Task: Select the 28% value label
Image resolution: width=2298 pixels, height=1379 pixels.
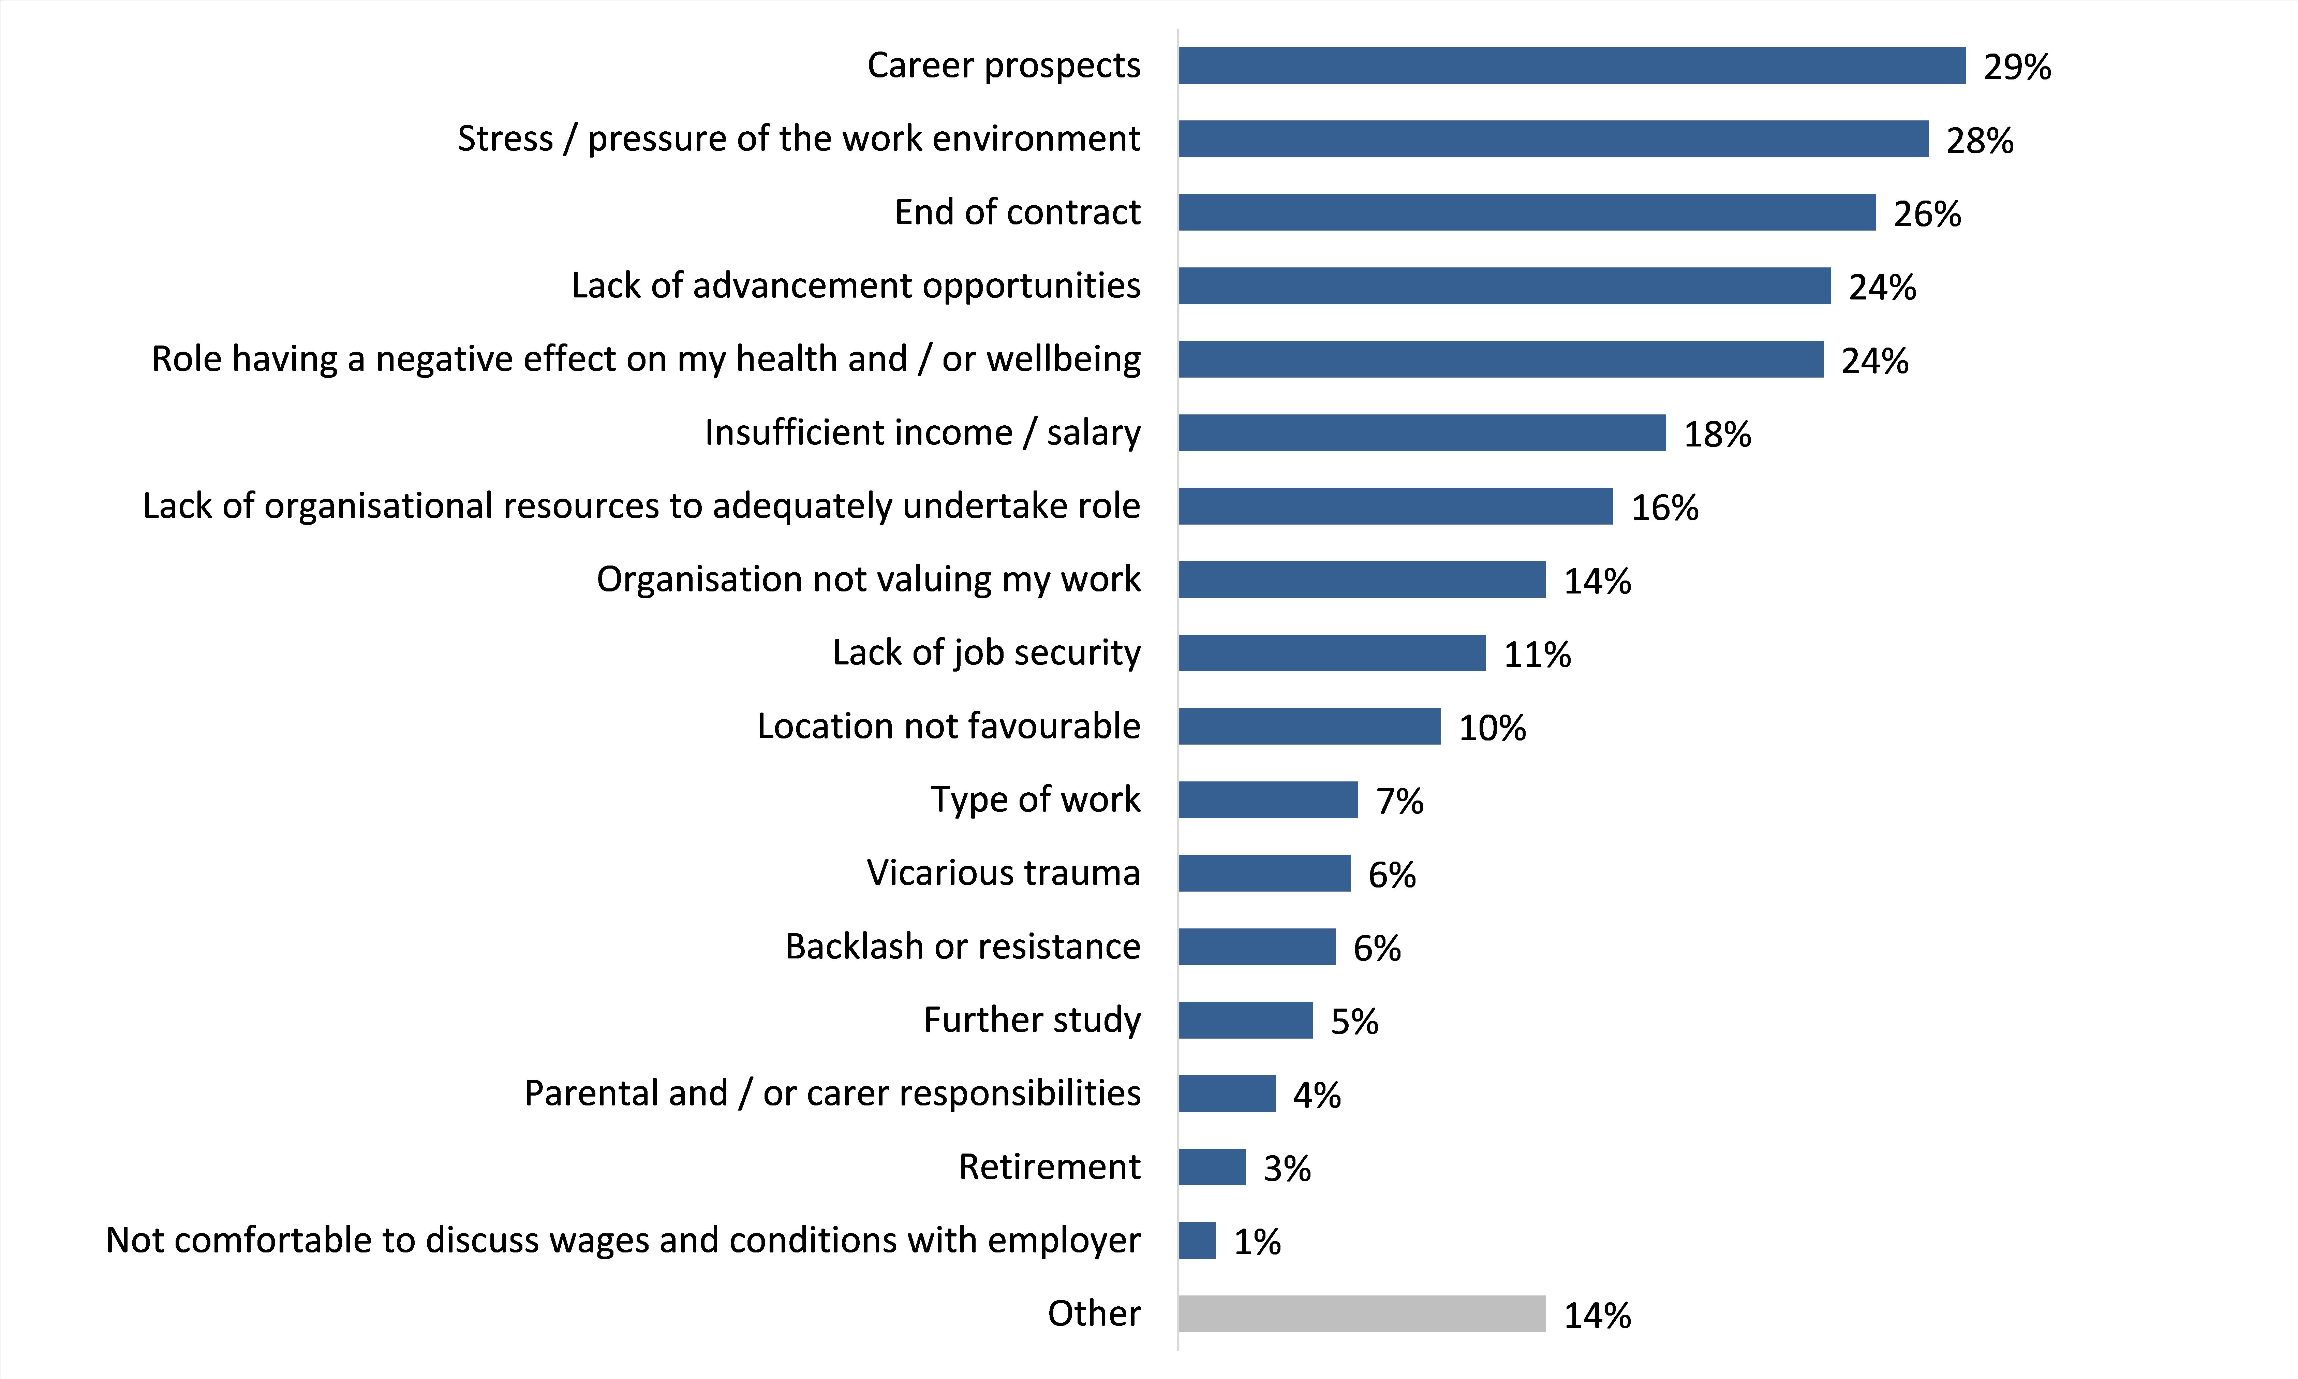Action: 1980,140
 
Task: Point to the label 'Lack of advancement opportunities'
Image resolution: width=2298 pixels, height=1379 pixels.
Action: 856,285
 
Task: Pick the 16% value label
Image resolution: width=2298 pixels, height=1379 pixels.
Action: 1664,508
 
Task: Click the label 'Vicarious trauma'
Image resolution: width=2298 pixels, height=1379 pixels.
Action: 1003,872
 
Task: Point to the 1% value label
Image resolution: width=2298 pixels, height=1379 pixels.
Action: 1257,1242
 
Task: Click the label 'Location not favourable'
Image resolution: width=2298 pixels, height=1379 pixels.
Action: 948,726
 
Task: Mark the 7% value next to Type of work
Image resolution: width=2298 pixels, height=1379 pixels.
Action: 1399,801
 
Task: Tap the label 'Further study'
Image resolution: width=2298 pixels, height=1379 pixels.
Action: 1032,1019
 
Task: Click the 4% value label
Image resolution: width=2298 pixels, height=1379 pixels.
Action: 1316,1095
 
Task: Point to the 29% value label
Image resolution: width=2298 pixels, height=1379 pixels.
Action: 2017,67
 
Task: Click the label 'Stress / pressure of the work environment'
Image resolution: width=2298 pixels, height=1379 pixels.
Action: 799,138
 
